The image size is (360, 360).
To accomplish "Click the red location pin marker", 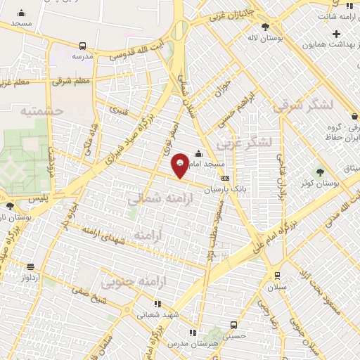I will coord(181,165).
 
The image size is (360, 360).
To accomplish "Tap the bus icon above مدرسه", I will coord(83,45).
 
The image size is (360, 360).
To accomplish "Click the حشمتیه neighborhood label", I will coord(42,111).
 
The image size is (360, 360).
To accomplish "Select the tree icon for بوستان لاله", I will coord(265,27).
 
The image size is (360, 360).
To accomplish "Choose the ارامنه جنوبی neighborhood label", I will coord(133,283).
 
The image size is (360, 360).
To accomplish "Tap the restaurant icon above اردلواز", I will coord(30,266).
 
